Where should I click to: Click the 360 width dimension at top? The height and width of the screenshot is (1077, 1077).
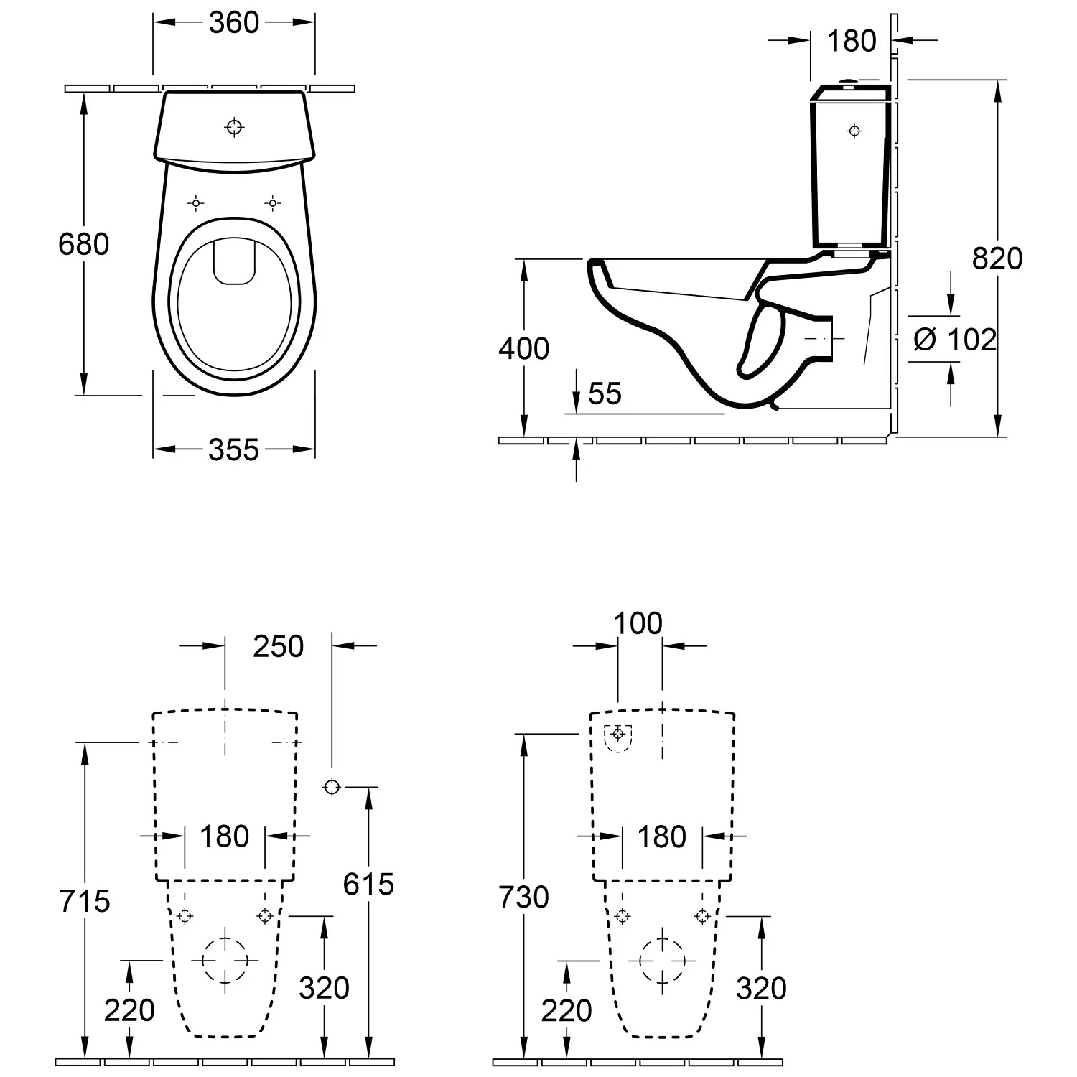(233, 23)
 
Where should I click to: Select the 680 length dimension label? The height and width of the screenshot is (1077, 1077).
(84, 244)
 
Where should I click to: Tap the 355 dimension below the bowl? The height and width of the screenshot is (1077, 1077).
(233, 450)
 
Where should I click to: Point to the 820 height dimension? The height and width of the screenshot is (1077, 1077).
(997, 258)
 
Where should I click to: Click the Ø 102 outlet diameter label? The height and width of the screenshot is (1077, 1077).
(955, 339)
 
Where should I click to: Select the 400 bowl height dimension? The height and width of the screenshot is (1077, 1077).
(524, 348)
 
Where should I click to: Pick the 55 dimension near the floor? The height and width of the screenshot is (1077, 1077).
(605, 393)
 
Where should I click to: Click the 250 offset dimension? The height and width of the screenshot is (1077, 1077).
(279, 646)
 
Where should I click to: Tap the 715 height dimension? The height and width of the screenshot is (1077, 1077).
(85, 900)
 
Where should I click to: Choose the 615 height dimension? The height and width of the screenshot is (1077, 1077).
(368, 884)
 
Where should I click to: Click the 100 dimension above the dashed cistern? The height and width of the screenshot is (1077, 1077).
(638, 623)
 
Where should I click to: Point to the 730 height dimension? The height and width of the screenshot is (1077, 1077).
(524, 897)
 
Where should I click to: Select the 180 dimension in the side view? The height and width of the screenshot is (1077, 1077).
(852, 41)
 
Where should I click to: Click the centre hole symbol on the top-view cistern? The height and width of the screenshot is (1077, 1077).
(235, 127)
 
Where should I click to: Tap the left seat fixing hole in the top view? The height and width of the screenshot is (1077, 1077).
(196, 203)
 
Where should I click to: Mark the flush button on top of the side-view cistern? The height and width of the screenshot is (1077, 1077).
(850, 82)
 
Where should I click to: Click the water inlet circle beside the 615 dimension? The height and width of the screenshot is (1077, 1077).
(332, 787)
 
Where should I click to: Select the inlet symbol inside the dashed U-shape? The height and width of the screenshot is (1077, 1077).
(617, 734)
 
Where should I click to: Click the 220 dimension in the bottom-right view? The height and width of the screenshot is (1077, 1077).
(567, 1010)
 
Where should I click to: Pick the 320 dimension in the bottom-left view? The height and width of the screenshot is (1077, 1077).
(325, 988)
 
